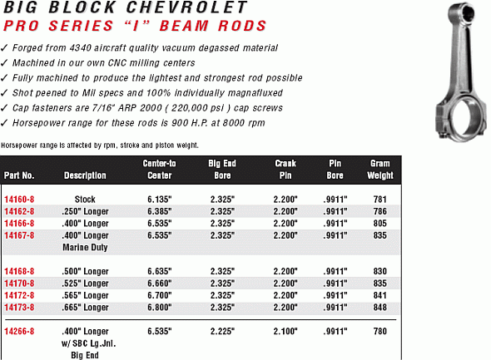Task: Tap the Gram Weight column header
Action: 380,170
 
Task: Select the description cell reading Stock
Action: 85,199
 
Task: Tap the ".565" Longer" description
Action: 85,293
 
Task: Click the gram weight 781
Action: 380,199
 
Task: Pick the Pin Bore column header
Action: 335,170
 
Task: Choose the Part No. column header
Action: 18,175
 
